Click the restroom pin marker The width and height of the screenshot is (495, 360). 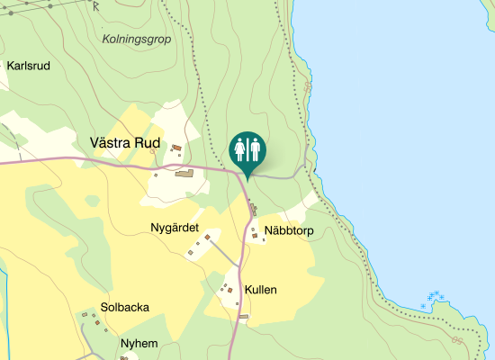(247, 151)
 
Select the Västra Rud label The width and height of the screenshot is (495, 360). (125, 143)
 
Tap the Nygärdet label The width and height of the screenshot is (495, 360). (174, 228)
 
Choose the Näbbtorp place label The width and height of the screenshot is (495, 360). (288, 231)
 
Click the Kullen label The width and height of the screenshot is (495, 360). (260, 290)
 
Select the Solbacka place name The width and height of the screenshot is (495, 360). (125, 307)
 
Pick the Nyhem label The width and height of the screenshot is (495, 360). (139, 343)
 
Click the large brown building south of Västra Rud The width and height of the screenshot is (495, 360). (184, 173)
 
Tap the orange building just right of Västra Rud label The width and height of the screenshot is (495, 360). (176, 148)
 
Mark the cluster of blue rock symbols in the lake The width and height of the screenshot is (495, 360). (433, 299)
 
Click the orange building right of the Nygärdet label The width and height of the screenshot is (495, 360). (208, 238)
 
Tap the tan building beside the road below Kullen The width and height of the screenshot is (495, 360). (243, 317)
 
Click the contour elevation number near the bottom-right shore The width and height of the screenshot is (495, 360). (458, 341)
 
